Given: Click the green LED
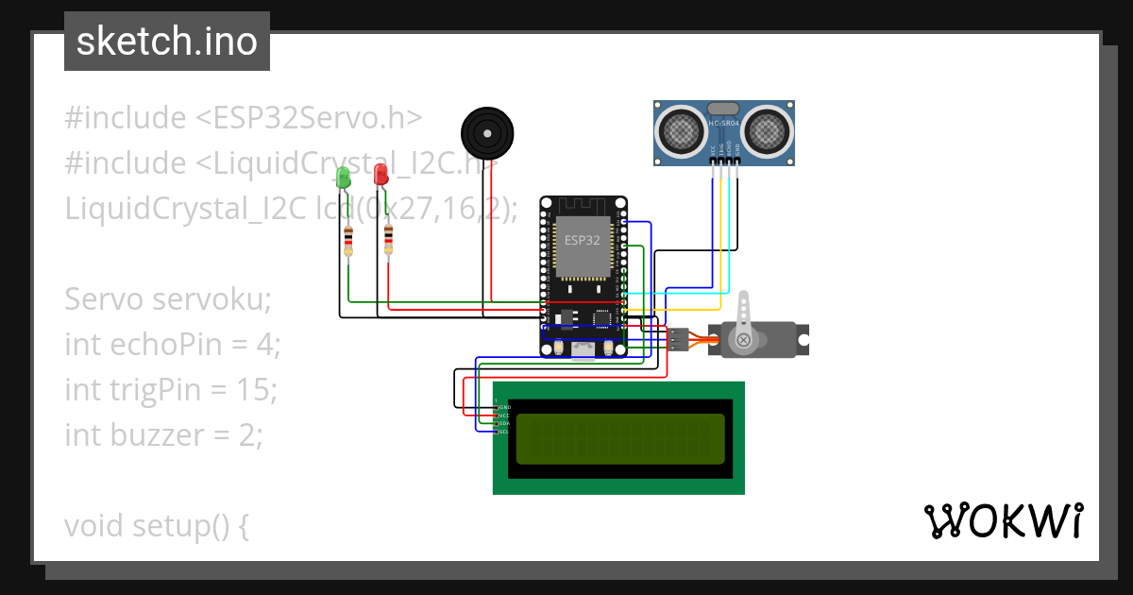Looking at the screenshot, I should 344,177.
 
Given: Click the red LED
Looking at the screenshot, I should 380,174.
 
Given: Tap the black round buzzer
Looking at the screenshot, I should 486,129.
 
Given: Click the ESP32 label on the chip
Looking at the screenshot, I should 582,240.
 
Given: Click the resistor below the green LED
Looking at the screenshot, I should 349,241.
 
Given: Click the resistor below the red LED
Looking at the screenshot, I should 388,239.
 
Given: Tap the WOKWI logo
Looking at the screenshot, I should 1003,520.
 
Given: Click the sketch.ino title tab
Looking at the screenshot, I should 167,42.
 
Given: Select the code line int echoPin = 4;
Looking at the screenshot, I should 173,345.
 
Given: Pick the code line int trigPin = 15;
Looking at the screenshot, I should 171,389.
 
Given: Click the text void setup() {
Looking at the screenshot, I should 157,525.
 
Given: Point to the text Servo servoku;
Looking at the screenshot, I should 168,299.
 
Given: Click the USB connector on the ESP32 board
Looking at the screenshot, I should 583,348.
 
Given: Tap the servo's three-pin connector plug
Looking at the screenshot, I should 679,339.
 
